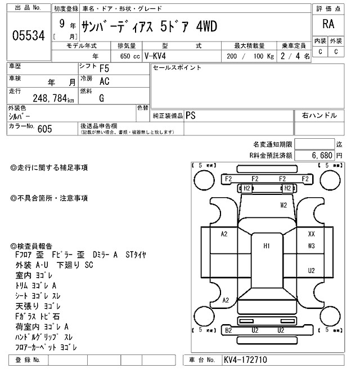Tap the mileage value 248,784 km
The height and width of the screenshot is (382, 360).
point(49,99)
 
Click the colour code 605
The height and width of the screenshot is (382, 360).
point(44,129)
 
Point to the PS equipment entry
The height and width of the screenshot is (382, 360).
point(191,115)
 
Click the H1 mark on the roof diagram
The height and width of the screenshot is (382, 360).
point(267,245)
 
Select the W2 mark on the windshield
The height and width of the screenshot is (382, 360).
point(284,205)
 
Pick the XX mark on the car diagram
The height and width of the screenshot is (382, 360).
point(311,234)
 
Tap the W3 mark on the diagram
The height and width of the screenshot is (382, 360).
point(311,245)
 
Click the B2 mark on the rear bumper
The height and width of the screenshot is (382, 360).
point(228,330)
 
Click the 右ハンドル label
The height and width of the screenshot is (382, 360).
point(319,115)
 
